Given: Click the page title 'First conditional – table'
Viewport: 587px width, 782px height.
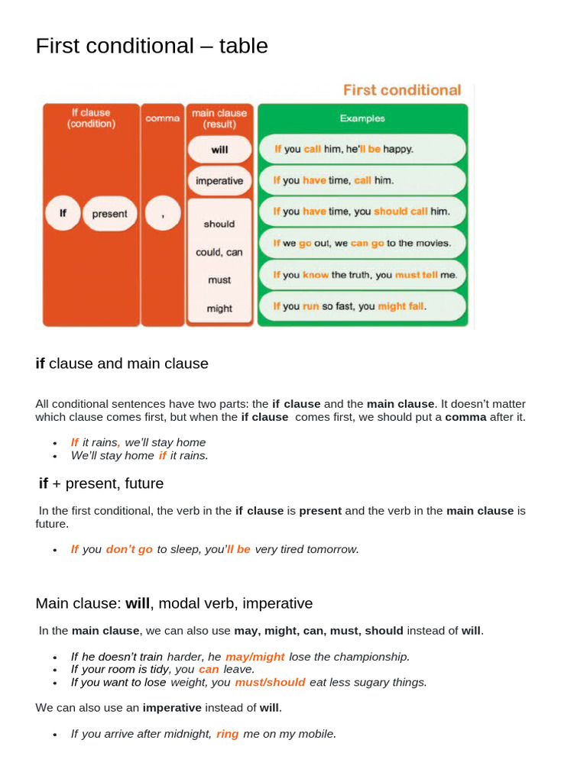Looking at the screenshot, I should pyautogui.click(x=151, y=47).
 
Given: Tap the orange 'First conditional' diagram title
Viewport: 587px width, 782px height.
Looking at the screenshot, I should pyautogui.click(x=401, y=90).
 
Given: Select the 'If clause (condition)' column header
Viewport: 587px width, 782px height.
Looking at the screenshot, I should pyautogui.click(x=91, y=118).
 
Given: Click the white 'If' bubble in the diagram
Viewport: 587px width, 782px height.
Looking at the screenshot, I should pyautogui.click(x=63, y=214).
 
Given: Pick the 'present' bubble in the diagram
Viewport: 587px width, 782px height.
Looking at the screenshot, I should pyautogui.click(x=109, y=214).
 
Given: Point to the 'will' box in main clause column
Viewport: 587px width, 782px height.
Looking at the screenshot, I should pyautogui.click(x=219, y=150).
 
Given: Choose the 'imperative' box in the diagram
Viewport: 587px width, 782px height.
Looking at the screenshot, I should pyautogui.click(x=219, y=181).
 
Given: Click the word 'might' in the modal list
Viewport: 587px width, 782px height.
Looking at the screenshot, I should pyautogui.click(x=219, y=309).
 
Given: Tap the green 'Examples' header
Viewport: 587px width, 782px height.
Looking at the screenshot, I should pyautogui.click(x=362, y=118).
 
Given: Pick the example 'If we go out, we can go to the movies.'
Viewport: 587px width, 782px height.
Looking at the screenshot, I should pyautogui.click(x=362, y=244).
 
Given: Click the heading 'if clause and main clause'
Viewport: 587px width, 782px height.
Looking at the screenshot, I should pyautogui.click(x=122, y=364).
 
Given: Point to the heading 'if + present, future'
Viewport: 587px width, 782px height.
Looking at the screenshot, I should pyautogui.click(x=101, y=483).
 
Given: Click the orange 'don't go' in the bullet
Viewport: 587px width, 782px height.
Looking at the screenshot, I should pyautogui.click(x=129, y=549).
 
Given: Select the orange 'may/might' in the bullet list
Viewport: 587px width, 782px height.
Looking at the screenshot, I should pyautogui.click(x=255, y=656).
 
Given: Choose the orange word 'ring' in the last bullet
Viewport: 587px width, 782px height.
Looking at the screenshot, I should pyautogui.click(x=227, y=733).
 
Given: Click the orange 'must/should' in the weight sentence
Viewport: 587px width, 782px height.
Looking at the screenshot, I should pyautogui.click(x=270, y=682).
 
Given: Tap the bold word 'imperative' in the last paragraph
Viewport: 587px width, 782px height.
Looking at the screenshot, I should pyautogui.click(x=172, y=707).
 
